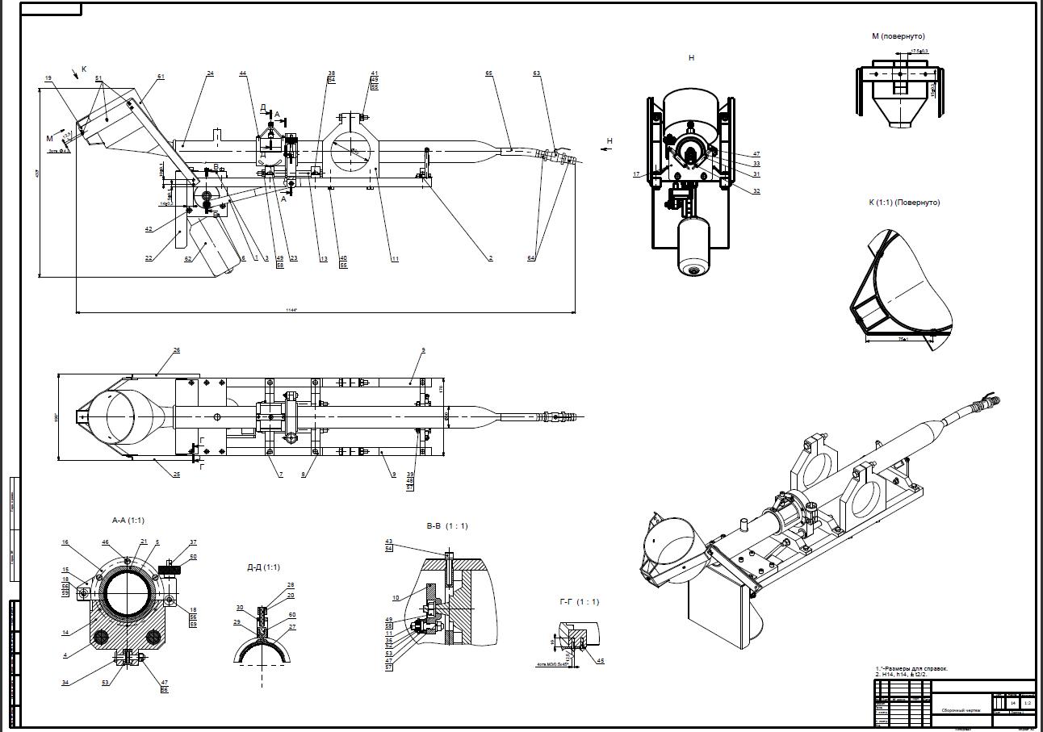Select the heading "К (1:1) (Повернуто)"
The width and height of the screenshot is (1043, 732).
click(904, 203)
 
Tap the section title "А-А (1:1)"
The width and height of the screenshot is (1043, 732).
click(128, 521)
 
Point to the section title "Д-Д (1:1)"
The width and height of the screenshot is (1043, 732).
click(264, 567)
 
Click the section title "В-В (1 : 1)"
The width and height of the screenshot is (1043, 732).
click(447, 526)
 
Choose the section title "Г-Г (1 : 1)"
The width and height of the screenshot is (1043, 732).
click(579, 602)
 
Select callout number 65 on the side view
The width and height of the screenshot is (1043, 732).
click(488, 73)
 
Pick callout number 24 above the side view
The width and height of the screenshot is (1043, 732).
click(210, 73)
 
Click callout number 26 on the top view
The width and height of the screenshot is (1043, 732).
click(176, 350)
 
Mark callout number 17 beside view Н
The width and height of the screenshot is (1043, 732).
click(636, 174)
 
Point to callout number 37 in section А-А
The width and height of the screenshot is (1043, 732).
click(193, 542)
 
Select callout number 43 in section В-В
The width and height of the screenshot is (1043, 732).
click(388, 542)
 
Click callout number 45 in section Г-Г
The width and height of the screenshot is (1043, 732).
click(600, 661)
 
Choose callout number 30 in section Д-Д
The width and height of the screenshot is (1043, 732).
click(240, 608)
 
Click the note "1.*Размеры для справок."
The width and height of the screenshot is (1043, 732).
click(911, 668)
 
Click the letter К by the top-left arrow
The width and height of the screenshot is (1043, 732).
click(84, 69)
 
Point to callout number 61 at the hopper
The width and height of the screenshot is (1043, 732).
click(161, 77)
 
